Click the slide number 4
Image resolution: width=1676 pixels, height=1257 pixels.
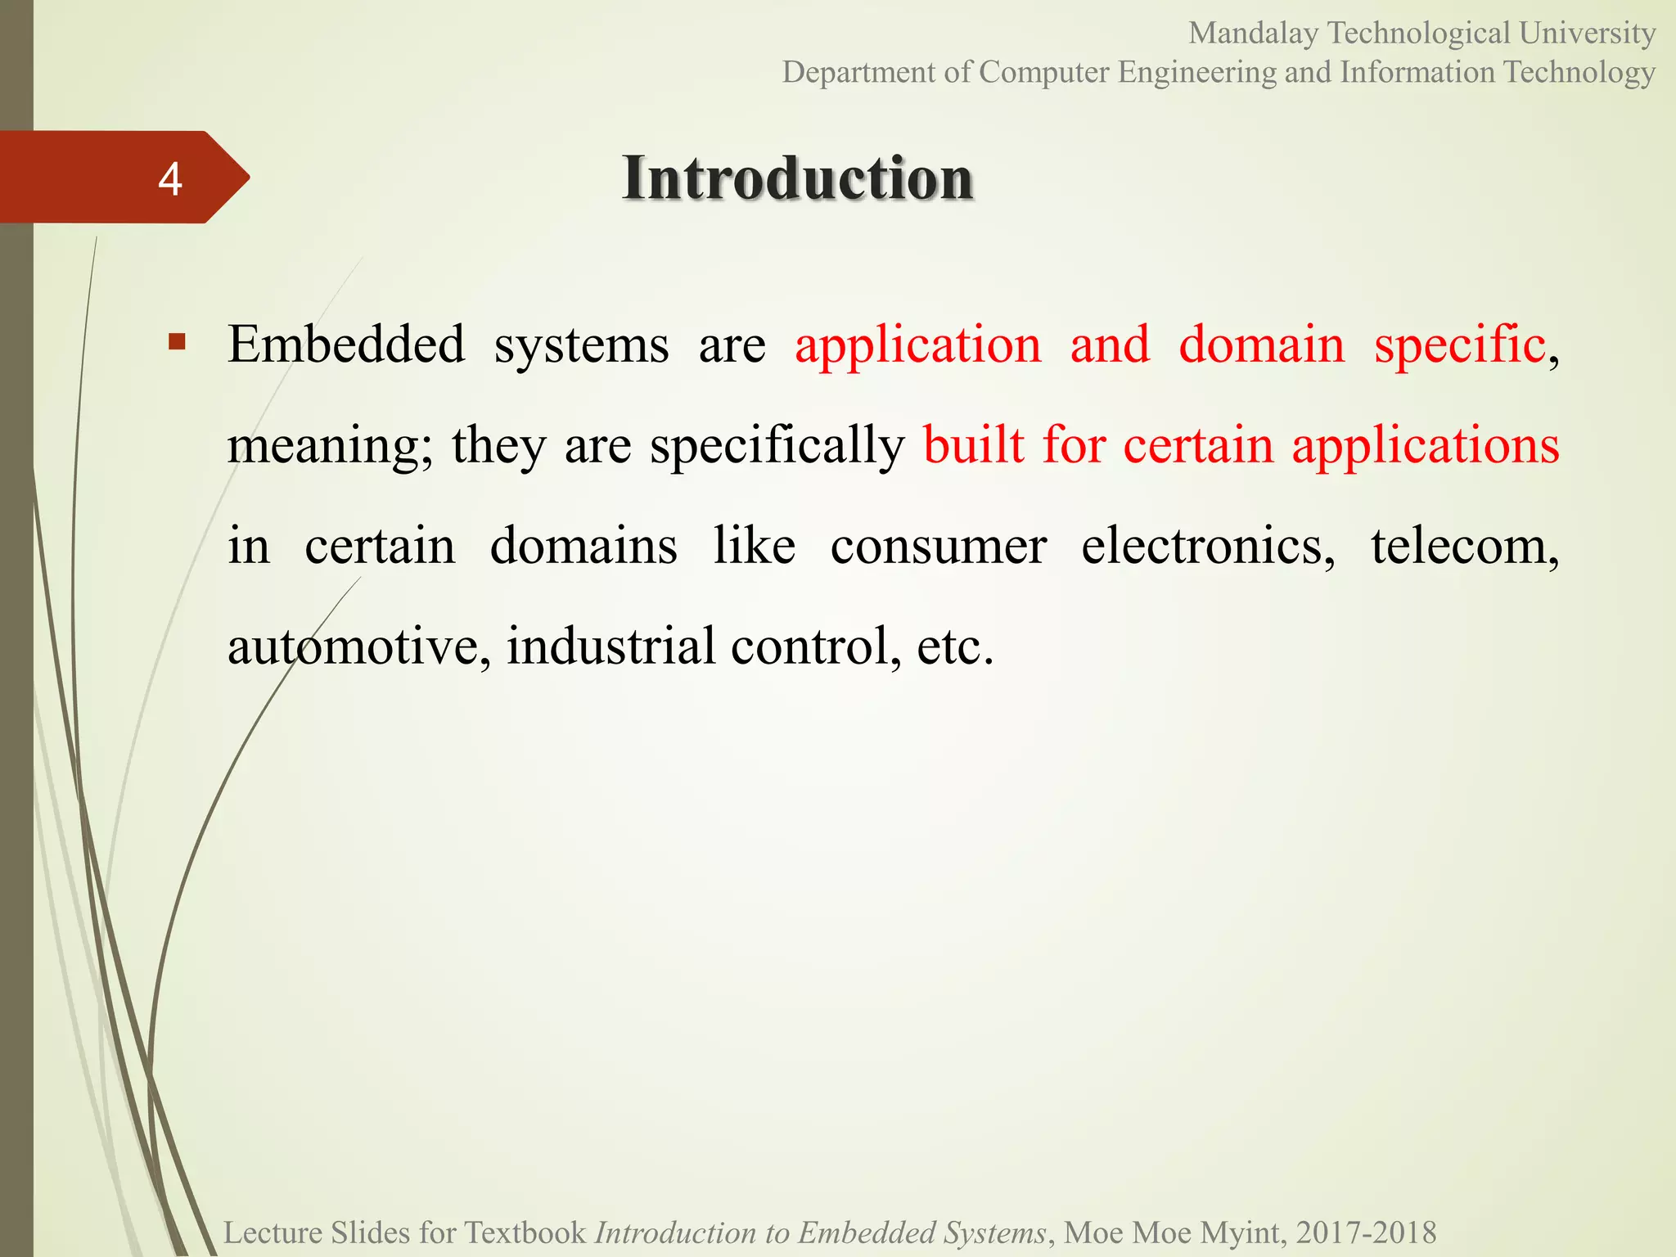pos(169,178)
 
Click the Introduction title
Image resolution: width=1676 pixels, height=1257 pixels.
pos(797,178)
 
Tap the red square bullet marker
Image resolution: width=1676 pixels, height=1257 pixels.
pos(177,340)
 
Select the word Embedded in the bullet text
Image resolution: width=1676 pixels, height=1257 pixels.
pos(346,344)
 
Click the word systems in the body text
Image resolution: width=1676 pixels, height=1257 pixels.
pos(581,345)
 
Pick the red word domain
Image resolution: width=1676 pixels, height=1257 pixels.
pos(1261,344)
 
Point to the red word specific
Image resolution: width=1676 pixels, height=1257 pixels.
pos(1459,345)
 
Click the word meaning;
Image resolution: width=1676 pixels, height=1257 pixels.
pos(329,447)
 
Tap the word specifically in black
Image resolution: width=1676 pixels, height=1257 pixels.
pos(777,447)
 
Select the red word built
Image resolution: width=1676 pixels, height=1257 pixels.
pos(973,445)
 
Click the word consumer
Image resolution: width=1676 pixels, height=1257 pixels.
pos(938,546)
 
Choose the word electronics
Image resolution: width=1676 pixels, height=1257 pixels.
pos(1206,546)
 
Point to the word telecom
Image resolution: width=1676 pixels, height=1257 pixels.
pos(1463,546)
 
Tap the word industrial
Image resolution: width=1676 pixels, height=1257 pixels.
pos(610,646)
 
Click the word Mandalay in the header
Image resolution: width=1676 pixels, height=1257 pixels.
pos(1253,34)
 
